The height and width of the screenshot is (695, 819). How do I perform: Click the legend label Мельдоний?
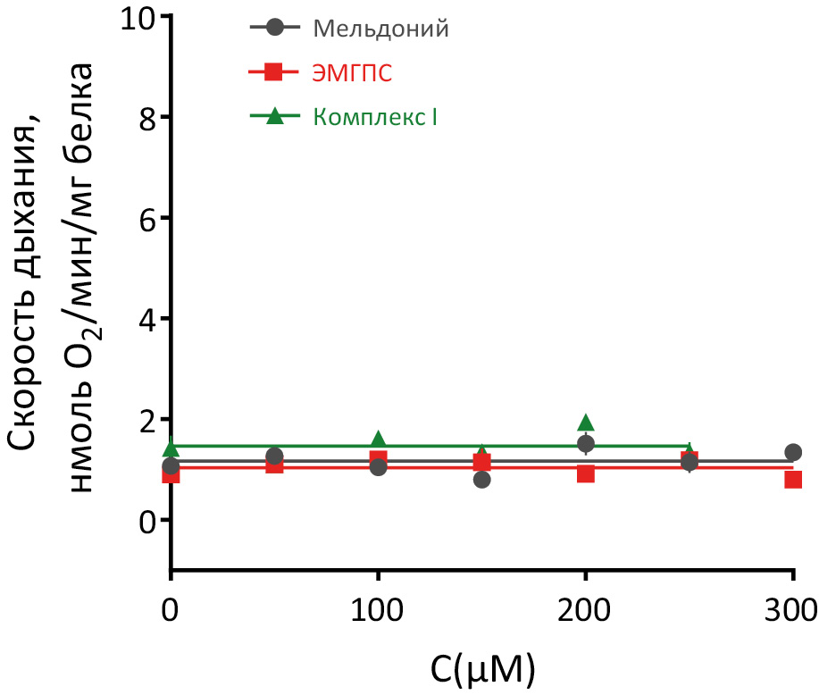coord(380,29)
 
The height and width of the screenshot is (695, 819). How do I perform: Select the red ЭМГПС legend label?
coord(353,73)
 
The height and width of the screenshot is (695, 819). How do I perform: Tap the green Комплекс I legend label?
coord(375,116)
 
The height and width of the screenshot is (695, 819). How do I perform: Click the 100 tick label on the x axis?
coord(378,613)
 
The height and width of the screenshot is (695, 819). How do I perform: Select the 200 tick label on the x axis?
coord(585,613)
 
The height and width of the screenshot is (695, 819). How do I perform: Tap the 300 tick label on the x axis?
coord(791,613)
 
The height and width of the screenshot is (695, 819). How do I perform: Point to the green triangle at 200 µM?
coord(586,423)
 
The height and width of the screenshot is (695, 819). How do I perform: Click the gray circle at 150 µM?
coord(482,480)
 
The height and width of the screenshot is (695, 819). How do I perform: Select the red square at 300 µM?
coord(793,480)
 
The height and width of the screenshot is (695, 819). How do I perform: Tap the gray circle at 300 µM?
coord(793,452)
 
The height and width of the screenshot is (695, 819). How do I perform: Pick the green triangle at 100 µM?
coord(379,439)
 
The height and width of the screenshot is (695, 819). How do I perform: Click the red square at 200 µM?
coord(586,473)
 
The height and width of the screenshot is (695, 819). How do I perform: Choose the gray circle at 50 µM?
coord(274,456)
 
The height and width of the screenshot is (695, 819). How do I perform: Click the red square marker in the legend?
coord(274,72)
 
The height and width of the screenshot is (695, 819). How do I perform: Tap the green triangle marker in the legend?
coord(274,115)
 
